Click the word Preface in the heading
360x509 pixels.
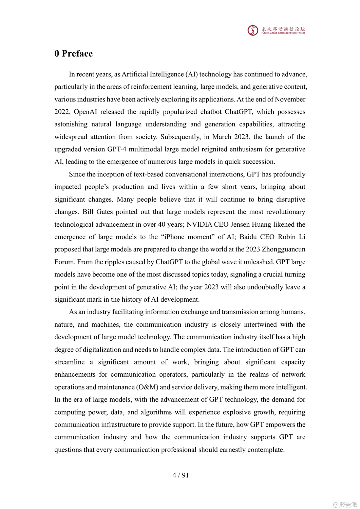point(77,54)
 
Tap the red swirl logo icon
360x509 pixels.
point(253,31)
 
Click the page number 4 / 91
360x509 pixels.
point(181,475)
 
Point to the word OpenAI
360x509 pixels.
point(86,112)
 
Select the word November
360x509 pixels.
point(290,99)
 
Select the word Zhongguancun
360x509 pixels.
point(283,249)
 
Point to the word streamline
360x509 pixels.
point(70,362)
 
